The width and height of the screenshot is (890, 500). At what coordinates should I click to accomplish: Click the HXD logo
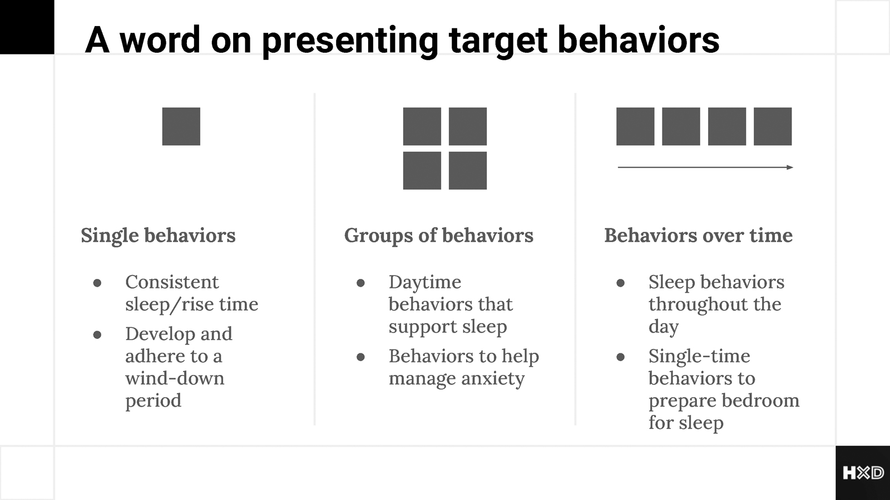pos(863,473)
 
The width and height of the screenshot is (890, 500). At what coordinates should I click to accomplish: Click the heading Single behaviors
pos(158,236)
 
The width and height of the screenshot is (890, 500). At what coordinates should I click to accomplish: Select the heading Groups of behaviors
pos(439,236)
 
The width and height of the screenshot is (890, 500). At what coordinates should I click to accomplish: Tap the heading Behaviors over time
pos(699,236)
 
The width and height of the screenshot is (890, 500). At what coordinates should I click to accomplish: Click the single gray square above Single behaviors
pos(181,126)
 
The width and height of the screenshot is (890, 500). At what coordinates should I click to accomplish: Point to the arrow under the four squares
pos(705,167)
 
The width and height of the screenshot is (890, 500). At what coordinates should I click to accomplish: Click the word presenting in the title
pos(350,40)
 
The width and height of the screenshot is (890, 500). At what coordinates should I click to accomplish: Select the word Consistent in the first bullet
pos(172,282)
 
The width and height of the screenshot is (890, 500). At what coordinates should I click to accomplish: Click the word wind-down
pos(175,378)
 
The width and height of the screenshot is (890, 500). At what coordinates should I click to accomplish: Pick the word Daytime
pos(425,283)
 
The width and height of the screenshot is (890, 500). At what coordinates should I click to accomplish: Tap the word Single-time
pos(699,356)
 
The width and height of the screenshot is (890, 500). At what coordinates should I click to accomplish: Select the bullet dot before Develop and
pos(97,334)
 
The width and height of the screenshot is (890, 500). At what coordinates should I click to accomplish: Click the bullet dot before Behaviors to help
pos(361,357)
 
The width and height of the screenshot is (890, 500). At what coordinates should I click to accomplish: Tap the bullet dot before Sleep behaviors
pos(621,283)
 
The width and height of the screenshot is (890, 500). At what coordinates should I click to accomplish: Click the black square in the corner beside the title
pos(27,27)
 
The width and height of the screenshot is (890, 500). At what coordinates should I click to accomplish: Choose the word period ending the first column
pos(154,401)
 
